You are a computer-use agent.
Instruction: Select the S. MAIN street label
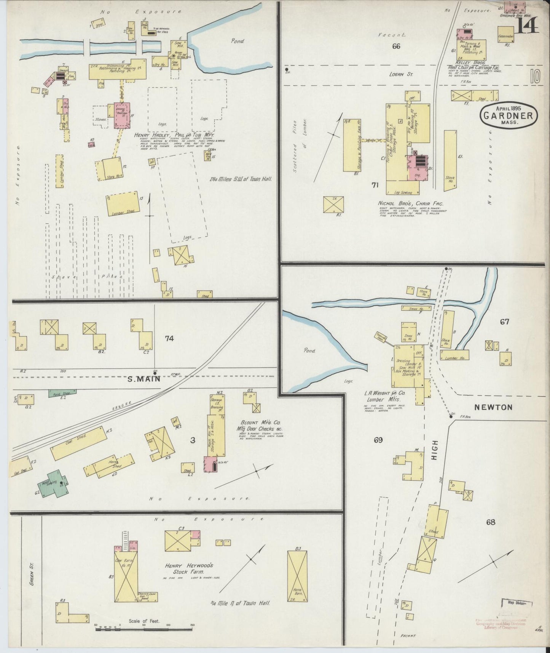point(143,379)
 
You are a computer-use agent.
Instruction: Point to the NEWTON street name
point(493,407)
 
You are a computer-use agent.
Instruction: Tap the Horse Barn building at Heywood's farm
point(297,576)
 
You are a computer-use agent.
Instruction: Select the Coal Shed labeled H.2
point(79,443)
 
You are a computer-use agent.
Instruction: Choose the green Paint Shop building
point(62,393)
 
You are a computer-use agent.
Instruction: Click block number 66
point(396,46)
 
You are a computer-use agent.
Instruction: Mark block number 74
point(169,338)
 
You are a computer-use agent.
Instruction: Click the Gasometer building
point(505,34)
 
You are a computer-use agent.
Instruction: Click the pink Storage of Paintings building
point(122,115)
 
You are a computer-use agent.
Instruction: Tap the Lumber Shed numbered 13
point(123,204)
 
